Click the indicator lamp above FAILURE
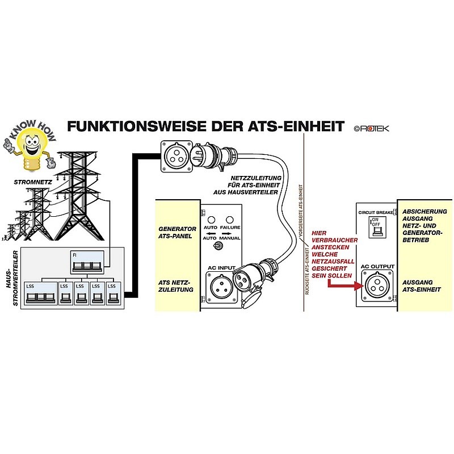pyautogui.click(x=230, y=220)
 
